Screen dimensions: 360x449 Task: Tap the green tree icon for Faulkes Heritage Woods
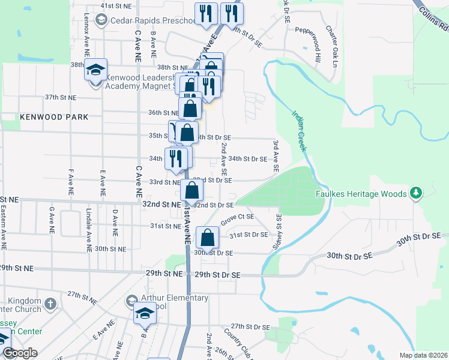click(x=414, y=193)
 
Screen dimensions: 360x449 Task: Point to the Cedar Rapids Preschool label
click(x=154, y=20)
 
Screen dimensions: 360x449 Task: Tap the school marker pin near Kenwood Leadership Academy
click(x=95, y=71)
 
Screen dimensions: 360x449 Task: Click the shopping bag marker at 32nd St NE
click(x=191, y=190)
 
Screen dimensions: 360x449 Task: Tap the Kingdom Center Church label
click(x=24, y=305)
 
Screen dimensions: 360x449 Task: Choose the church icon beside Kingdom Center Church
click(x=52, y=303)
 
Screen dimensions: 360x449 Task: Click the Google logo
click(x=19, y=353)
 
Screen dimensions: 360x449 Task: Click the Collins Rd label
click(x=435, y=19)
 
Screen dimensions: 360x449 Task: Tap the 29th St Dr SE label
click(x=217, y=274)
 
